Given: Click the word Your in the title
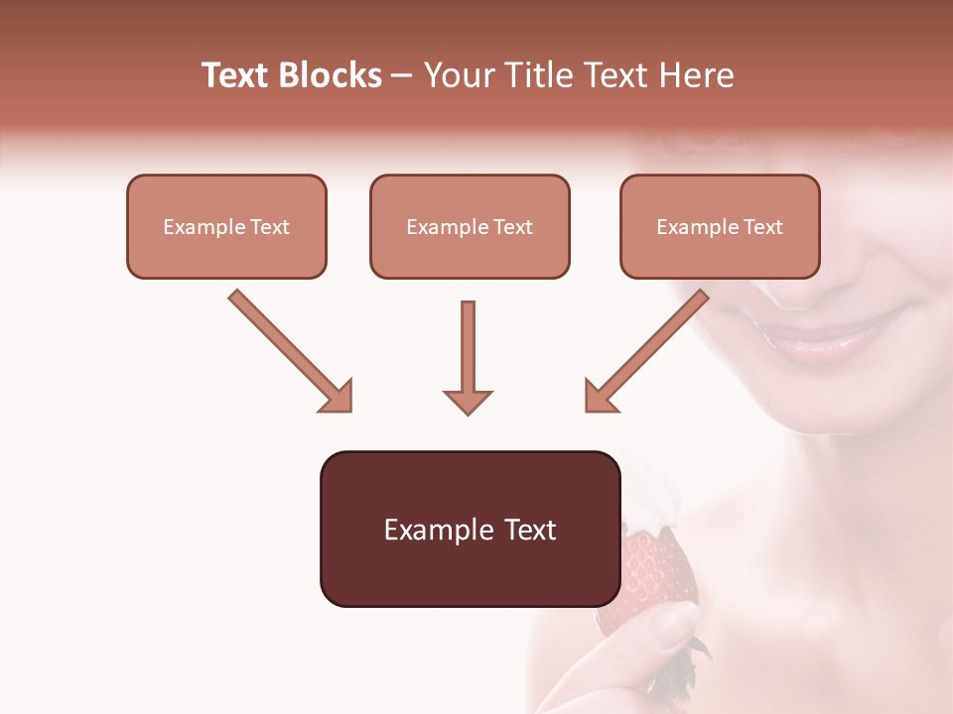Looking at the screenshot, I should click(x=458, y=75).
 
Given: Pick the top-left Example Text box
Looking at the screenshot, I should click(x=226, y=227).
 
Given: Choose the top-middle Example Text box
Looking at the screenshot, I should click(x=470, y=227).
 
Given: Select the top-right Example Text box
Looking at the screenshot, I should click(x=720, y=227).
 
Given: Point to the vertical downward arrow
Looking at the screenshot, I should click(x=468, y=357).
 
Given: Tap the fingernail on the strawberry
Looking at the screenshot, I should click(x=679, y=621).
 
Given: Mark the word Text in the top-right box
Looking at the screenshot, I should click(x=762, y=227).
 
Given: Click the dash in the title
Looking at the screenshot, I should click(x=403, y=75).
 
